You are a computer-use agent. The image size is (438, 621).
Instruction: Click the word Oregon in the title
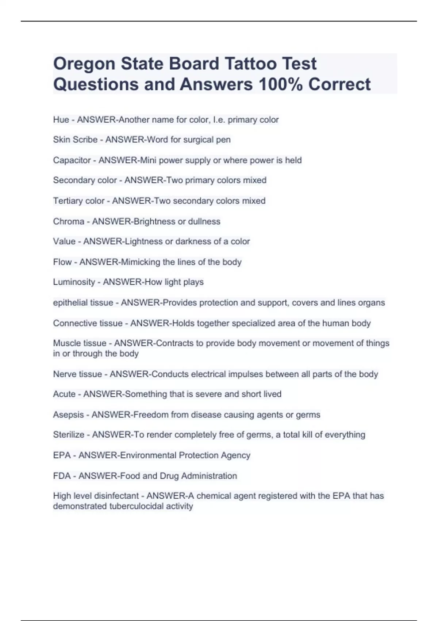[84, 64]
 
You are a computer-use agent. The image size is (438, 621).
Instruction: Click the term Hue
[61, 120]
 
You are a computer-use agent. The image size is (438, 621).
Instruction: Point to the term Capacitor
[72, 160]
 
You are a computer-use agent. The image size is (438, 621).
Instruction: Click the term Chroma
[69, 221]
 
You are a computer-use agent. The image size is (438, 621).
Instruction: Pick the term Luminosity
[74, 282]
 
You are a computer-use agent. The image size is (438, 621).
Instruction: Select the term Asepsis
[68, 415]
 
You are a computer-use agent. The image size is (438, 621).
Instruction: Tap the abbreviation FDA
[62, 476]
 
